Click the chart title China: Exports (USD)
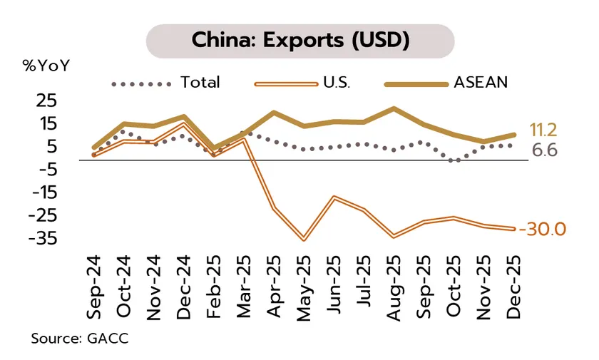pyautogui.click(x=299, y=41)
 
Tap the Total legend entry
pyautogui.click(x=200, y=82)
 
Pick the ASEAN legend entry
pyautogui.click(x=480, y=82)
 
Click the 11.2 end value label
pyautogui.click(x=543, y=130)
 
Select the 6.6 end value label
pyautogui.click(x=544, y=150)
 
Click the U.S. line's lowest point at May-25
pyautogui.click(x=304, y=240)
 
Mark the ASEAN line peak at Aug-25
pyautogui.click(x=394, y=108)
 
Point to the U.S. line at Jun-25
pyautogui.click(x=334, y=197)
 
